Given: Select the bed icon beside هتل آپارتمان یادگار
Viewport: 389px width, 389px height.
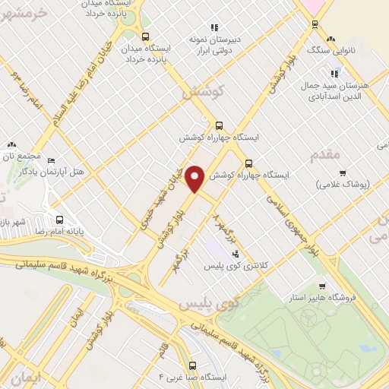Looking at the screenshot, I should (51, 161).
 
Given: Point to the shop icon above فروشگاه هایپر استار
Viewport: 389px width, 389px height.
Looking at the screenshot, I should (323, 286).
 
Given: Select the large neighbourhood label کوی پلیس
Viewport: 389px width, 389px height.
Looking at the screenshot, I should (207, 304).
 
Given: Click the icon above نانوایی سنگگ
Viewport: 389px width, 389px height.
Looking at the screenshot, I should (330, 38).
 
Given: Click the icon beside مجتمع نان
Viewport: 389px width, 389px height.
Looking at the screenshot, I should (11, 144).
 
